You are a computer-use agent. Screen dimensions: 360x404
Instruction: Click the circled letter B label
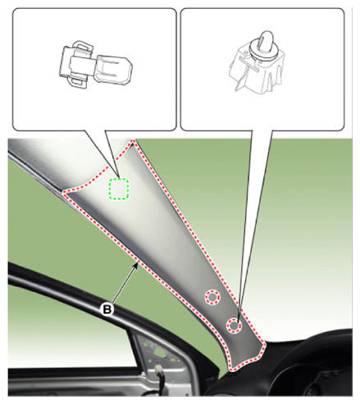coord(107,310)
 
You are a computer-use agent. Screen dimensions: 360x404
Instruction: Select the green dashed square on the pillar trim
coord(119,188)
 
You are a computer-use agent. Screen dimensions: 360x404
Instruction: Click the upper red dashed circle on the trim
coord(212,297)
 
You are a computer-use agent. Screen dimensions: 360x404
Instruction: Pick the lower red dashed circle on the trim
coord(234,325)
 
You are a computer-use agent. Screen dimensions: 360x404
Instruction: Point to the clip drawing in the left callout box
coord(96,64)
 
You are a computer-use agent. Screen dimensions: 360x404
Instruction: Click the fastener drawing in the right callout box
coord(257,63)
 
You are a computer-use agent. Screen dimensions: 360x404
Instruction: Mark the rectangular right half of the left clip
coord(114,70)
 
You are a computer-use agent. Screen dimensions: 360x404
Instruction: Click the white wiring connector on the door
coord(158,370)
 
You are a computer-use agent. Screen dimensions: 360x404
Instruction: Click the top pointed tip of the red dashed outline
coord(133,141)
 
